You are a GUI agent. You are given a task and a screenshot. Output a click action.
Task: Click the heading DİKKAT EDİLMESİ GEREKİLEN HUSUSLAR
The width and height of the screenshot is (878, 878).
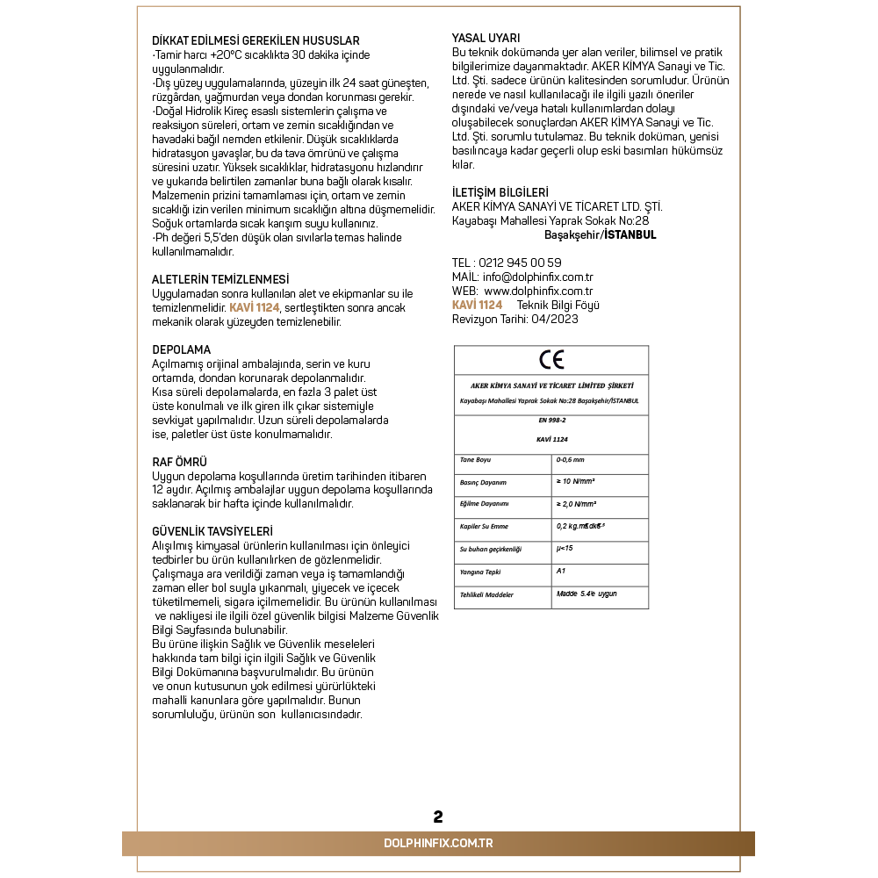click(255, 41)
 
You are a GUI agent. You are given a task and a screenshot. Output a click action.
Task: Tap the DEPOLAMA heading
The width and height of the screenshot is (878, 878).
click(182, 349)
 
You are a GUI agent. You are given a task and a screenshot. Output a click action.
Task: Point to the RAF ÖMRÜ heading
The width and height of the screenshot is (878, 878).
click(180, 462)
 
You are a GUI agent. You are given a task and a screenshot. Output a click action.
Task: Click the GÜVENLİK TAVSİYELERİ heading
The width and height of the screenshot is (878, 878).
click(212, 531)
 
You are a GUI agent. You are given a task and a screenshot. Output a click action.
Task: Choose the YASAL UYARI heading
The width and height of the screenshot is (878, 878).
click(486, 38)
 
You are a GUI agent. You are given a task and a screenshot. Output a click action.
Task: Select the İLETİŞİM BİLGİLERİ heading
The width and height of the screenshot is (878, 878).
click(500, 192)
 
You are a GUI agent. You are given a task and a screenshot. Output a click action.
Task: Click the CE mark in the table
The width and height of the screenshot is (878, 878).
click(551, 359)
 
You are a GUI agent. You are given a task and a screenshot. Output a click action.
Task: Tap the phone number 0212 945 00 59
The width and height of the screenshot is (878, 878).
click(520, 263)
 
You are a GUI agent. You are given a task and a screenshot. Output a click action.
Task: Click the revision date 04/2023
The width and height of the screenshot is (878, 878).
click(553, 319)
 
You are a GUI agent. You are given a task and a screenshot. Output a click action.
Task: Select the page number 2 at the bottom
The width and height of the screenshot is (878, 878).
click(438, 817)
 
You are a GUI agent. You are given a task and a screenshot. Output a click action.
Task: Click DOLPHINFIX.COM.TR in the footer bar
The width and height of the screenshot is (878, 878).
click(438, 843)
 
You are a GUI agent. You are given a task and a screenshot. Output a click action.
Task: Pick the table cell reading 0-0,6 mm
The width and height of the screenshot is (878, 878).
click(570, 459)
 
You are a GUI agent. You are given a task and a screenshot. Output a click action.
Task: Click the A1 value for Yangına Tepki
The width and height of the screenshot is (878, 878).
click(561, 571)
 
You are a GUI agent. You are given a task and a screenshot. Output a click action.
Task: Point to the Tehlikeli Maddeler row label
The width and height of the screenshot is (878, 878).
click(486, 594)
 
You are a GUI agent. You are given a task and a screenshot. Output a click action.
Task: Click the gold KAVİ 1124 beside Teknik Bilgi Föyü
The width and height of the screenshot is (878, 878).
click(477, 305)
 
